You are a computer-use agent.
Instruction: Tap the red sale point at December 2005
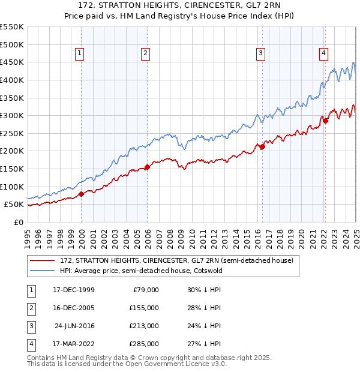(148, 167)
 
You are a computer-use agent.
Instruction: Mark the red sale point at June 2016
(262, 146)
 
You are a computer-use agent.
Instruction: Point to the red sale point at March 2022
(325, 121)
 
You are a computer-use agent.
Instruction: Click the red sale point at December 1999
(82, 194)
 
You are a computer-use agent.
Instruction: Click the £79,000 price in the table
(145, 290)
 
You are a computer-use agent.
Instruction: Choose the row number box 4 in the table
(31, 344)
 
